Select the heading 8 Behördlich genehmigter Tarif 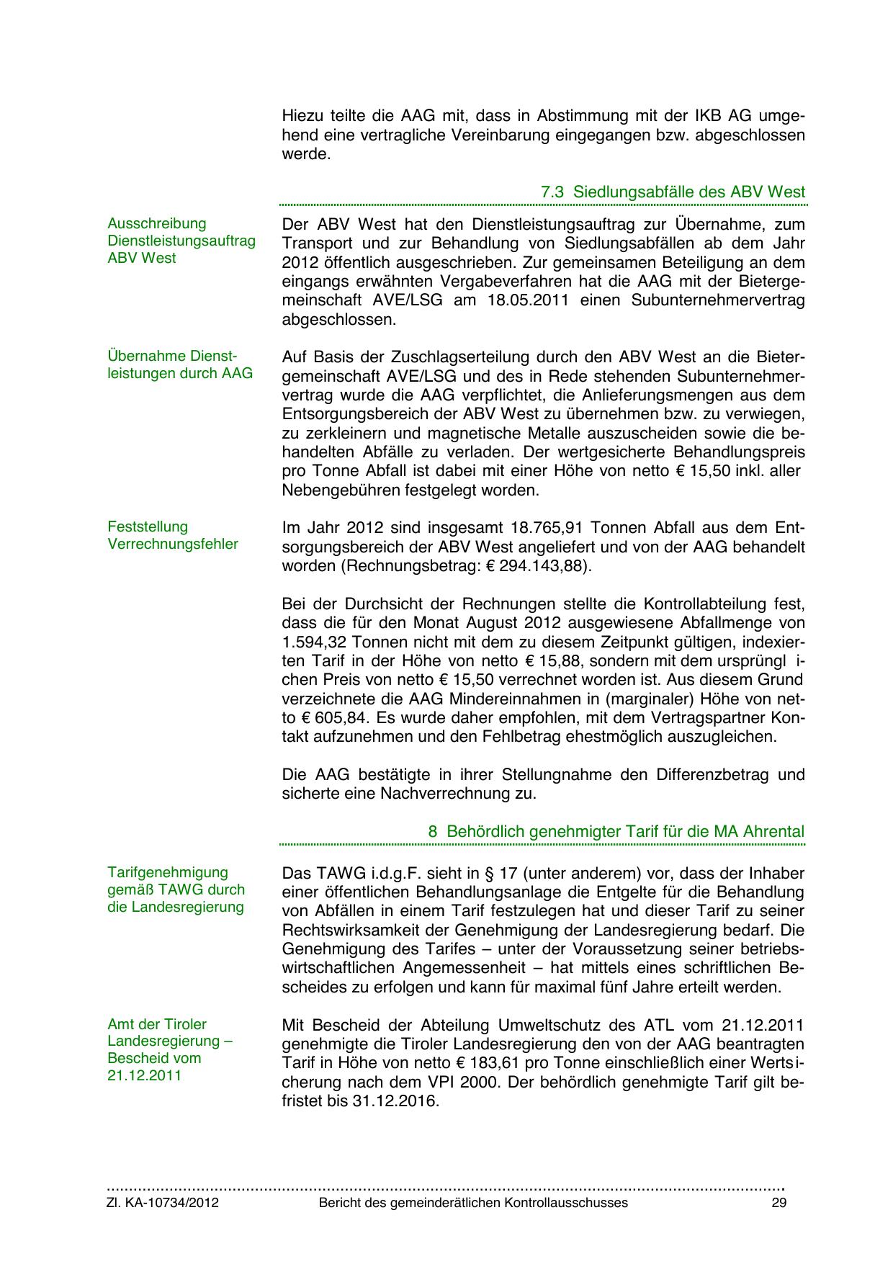pyautogui.click(x=616, y=831)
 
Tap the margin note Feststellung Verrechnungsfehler pyautogui.click(x=173, y=535)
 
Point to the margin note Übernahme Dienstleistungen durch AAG pyautogui.click(x=180, y=364)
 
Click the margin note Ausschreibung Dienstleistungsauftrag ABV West pyautogui.click(x=181, y=241)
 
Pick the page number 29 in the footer pyautogui.click(x=778, y=1203)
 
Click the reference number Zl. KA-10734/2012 pyautogui.click(x=163, y=1203)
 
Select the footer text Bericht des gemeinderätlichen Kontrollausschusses pyautogui.click(x=473, y=1203)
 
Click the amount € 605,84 pyautogui.click(x=314, y=718)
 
